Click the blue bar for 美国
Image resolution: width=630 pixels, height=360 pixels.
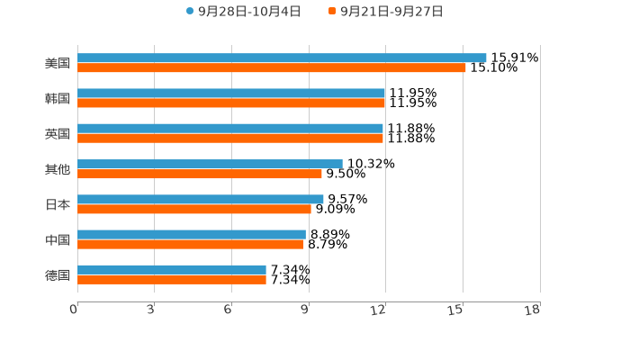point(282,58)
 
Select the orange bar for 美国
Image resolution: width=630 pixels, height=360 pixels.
point(272,67)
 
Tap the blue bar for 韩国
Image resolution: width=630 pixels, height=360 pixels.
point(231,94)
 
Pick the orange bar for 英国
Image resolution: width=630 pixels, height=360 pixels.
point(230,138)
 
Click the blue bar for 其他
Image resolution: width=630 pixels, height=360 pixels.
point(210,164)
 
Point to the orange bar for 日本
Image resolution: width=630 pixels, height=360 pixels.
point(194,209)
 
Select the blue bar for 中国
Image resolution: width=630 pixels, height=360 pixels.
point(192,234)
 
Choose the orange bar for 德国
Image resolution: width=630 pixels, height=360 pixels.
point(172,279)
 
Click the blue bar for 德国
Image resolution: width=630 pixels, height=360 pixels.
point(172,269)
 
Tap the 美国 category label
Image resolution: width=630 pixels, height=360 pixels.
point(58,63)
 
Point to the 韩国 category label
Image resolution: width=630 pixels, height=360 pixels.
point(58,98)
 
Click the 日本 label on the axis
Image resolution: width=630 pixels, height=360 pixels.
point(58,204)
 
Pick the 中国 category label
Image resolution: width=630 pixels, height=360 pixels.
point(58,239)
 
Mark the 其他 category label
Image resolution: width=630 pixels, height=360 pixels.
point(58,169)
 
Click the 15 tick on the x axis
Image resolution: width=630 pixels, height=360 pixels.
point(456,310)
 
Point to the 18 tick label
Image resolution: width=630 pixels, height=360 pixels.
point(533,310)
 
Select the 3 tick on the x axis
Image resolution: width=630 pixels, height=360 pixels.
point(150,310)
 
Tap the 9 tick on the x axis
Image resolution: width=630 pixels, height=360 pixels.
point(305,310)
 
